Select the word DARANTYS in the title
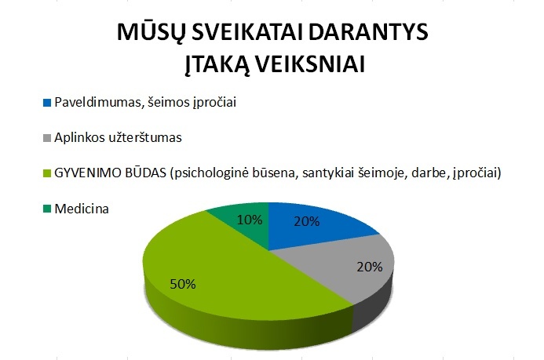[x=368, y=33]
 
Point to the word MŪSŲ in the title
[x=152, y=33]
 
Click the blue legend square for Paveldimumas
[x=47, y=103]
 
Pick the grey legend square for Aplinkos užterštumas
[x=47, y=138]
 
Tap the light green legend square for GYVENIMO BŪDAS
[x=47, y=173]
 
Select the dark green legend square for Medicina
[x=47, y=209]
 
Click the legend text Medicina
[x=82, y=209]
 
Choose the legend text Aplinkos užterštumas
[x=118, y=137]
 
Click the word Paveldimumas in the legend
[x=99, y=103]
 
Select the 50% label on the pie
[x=183, y=285]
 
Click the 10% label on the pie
[x=250, y=220]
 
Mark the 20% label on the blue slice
[x=307, y=221]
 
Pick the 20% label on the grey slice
[x=370, y=267]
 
